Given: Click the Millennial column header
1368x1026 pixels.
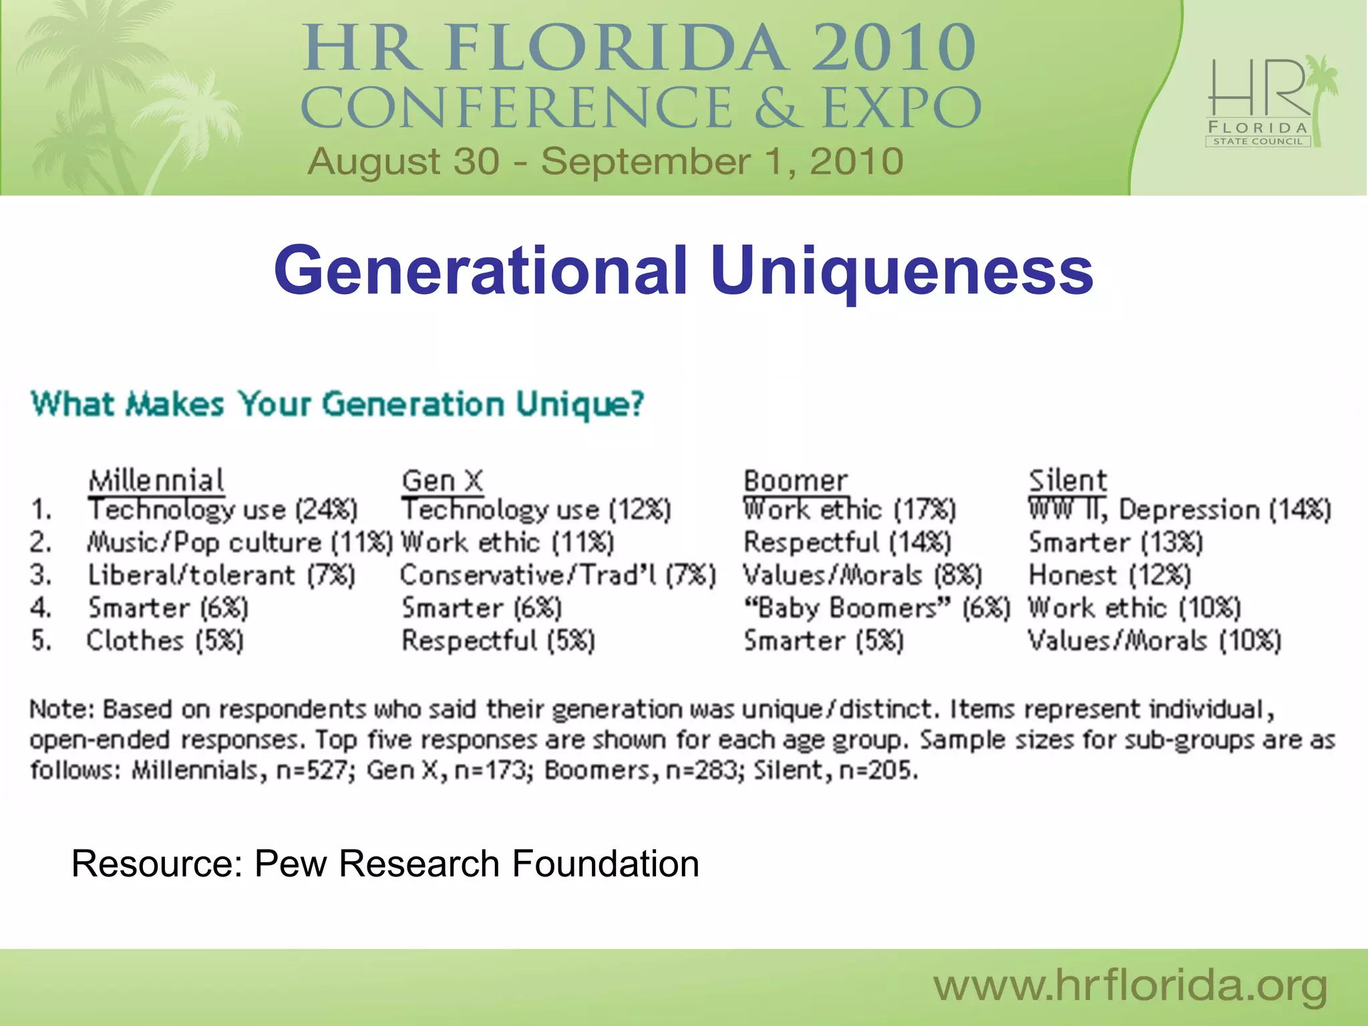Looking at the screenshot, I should pyautogui.click(x=156, y=480).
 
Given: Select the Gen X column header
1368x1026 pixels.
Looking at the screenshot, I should pyautogui.click(x=442, y=480).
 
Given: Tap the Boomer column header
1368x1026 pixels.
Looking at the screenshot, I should pyautogui.click(x=795, y=480).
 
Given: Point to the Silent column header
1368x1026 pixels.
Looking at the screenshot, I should pyautogui.click(x=1067, y=480).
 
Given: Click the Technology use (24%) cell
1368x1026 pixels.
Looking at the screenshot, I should pyautogui.click(x=223, y=510).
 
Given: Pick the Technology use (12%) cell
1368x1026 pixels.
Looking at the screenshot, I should pyautogui.click(x=536, y=510).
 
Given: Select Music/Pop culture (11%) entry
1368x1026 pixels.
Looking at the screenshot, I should pyautogui.click(x=240, y=542).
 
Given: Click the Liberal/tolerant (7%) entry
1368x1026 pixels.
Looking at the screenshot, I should pyautogui.click(x=222, y=575).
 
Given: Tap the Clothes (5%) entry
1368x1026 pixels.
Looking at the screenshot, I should pyautogui.click(x=165, y=641).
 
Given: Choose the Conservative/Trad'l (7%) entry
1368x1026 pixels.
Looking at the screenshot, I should pyautogui.click(x=558, y=575).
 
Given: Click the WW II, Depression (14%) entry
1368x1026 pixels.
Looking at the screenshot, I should pyautogui.click(x=1180, y=510).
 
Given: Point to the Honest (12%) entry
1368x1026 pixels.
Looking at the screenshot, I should pyautogui.click(x=1109, y=575).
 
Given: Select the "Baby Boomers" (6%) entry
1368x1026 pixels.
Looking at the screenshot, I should pyautogui.click(x=877, y=608).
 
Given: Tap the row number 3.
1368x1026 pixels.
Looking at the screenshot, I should pyautogui.click(x=40, y=575).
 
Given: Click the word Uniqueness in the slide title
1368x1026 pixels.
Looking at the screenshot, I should pyautogui.click(x=902, y=270).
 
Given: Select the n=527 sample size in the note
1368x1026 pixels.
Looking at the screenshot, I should pyautogui.click(x=311, y=771).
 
